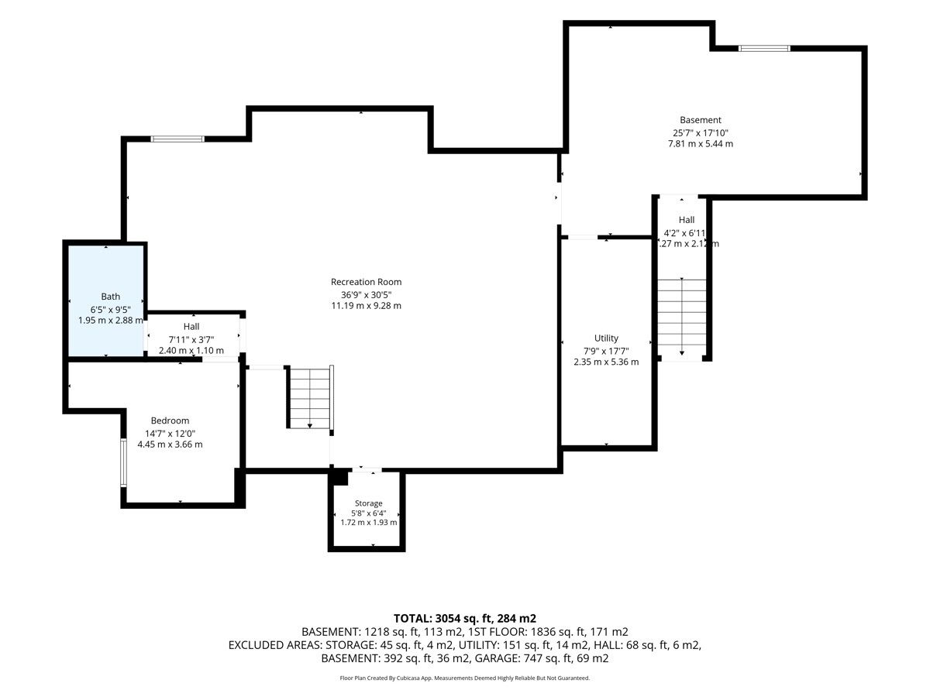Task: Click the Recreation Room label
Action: click(x=366, y=282)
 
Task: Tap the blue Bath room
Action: click(x=105, y=301)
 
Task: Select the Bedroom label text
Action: click(x=170, y=421)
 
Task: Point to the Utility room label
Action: click(x=606, y=338)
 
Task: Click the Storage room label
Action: click(x=368, y=503)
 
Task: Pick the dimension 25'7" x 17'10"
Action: click(x=701, y=132)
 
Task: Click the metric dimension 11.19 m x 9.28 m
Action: click(x=366, y=306)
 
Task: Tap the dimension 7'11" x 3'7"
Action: click(x=191, y=339)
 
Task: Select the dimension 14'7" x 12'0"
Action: click(x=170, y=434)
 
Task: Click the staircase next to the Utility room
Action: click(x=681, y=317)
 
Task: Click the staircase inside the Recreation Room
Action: click(x=310, y=398)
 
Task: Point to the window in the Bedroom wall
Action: click(x=123, y=462)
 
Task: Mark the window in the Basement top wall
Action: click(x=763, y=48)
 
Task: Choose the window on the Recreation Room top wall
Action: click(x=177, y=139)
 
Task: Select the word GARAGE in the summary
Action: click(x=497, y=658)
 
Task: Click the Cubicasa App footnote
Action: click(x=464, y=678)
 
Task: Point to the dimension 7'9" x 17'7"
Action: click(x=606, y=351)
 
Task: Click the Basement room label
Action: click(x=701, y=120)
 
